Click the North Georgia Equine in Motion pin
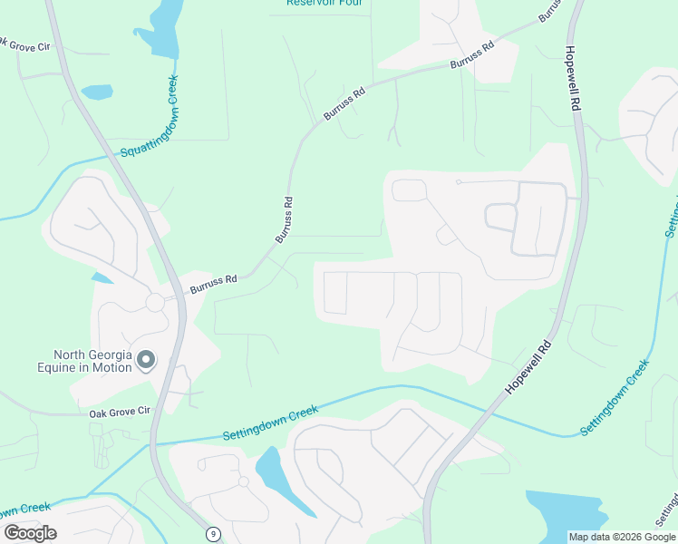click(146, 362)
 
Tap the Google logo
click(30, 533)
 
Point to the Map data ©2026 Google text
click(622, 537)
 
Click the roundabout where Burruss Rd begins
click(154, 302)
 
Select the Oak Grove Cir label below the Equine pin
click(119, 413)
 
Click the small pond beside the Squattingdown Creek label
click(97, 92)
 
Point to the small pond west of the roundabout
click(102, 277)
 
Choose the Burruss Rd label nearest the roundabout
click(213, 285)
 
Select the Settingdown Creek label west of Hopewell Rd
click(271, 424)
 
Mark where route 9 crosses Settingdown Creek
click(153, 444)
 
